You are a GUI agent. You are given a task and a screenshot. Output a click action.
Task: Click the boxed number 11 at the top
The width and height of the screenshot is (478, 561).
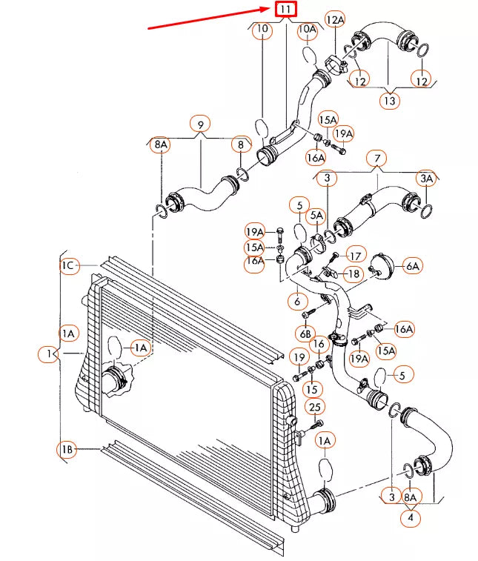285,10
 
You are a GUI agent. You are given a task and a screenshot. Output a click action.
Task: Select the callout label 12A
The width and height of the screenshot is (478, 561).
336,20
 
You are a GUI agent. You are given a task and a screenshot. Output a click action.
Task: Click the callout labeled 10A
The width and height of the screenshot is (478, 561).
307,30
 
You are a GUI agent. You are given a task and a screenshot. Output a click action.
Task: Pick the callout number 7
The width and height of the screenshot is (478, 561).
377,158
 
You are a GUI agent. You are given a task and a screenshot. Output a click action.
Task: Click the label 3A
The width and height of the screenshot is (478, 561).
426,178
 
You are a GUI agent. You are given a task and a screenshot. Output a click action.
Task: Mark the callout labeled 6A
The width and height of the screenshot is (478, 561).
412,265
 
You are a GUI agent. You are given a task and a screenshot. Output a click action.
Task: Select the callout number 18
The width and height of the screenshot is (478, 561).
353,273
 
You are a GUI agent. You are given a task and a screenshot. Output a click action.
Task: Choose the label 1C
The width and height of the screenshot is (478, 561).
68,265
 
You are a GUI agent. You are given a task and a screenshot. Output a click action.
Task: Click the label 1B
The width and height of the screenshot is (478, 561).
67,449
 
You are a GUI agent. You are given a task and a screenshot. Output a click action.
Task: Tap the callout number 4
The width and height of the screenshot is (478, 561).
410,518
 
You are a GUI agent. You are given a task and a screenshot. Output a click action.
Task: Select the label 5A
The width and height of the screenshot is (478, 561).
316,216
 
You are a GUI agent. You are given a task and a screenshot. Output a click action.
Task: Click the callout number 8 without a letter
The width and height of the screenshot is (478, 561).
241,145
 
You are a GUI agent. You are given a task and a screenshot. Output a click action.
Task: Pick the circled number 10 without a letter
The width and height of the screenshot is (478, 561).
262,30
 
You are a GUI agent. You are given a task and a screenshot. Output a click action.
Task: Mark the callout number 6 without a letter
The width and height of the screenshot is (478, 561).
296,302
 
